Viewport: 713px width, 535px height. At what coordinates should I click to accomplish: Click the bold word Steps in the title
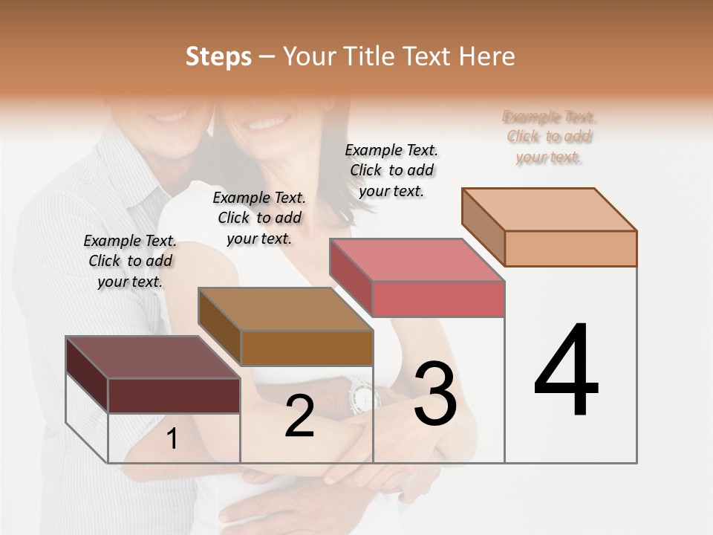218,56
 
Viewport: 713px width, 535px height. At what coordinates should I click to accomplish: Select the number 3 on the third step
435,393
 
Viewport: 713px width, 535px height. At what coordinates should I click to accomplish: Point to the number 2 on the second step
299,415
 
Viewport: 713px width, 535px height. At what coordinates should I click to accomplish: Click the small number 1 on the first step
172,438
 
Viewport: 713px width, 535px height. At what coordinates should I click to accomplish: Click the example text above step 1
130,261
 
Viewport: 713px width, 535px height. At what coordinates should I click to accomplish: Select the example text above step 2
259,218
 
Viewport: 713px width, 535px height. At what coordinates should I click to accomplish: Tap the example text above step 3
391,170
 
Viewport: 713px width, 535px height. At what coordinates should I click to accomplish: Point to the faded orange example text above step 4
550,137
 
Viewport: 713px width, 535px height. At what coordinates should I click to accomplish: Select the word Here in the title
487,56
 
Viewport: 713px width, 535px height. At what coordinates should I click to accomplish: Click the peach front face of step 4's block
570,248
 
